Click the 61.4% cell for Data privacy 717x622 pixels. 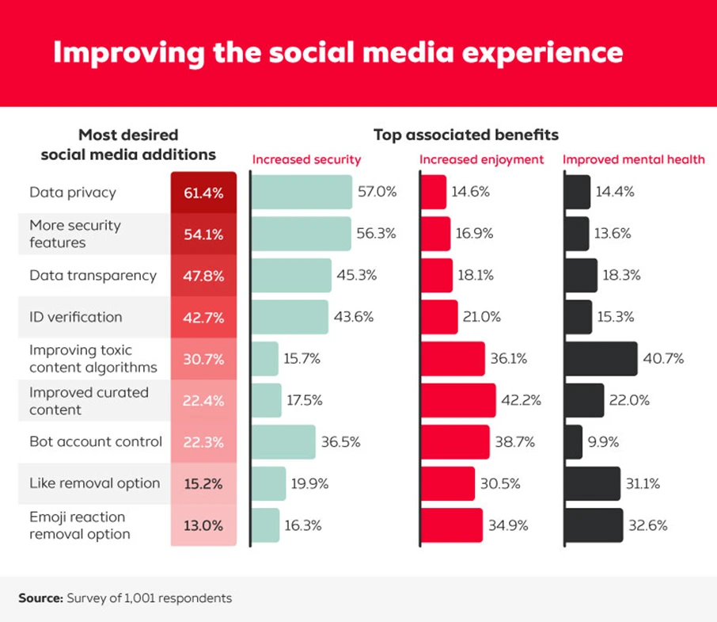203,193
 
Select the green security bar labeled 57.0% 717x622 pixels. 302,193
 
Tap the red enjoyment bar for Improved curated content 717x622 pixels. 458,400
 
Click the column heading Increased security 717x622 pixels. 306,159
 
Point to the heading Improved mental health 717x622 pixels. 633,159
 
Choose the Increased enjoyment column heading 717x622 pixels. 481,159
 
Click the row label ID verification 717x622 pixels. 76,317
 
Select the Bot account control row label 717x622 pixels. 96,441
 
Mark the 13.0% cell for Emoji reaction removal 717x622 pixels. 203,525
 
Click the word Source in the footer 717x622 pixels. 40,598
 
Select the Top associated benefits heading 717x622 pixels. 465,135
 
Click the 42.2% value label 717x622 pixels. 522,400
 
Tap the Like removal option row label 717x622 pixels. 95,483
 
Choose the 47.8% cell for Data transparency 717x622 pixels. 203,276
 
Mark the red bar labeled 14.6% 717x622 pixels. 434,193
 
